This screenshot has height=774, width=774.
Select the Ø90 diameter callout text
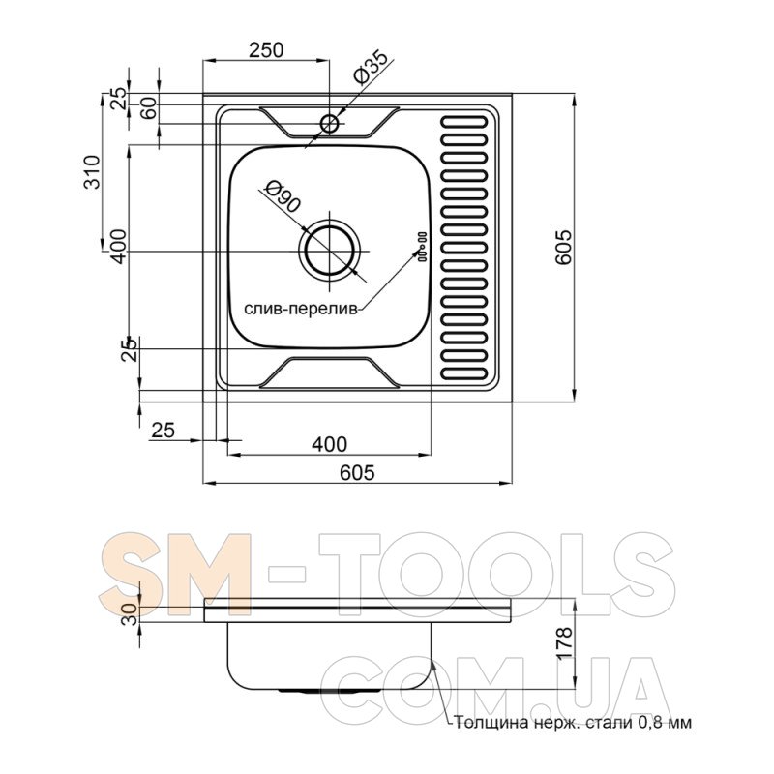point(283,196)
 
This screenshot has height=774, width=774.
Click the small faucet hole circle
point(329,123)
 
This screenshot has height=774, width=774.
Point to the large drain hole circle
point(329,252)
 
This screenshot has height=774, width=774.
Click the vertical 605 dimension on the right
point(563,247)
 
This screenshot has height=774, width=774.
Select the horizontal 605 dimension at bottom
point(357,472)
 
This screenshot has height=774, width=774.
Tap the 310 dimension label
point(92,172)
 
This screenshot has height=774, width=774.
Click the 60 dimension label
point(149,107)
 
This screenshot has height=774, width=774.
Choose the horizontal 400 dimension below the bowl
point(329,444)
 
